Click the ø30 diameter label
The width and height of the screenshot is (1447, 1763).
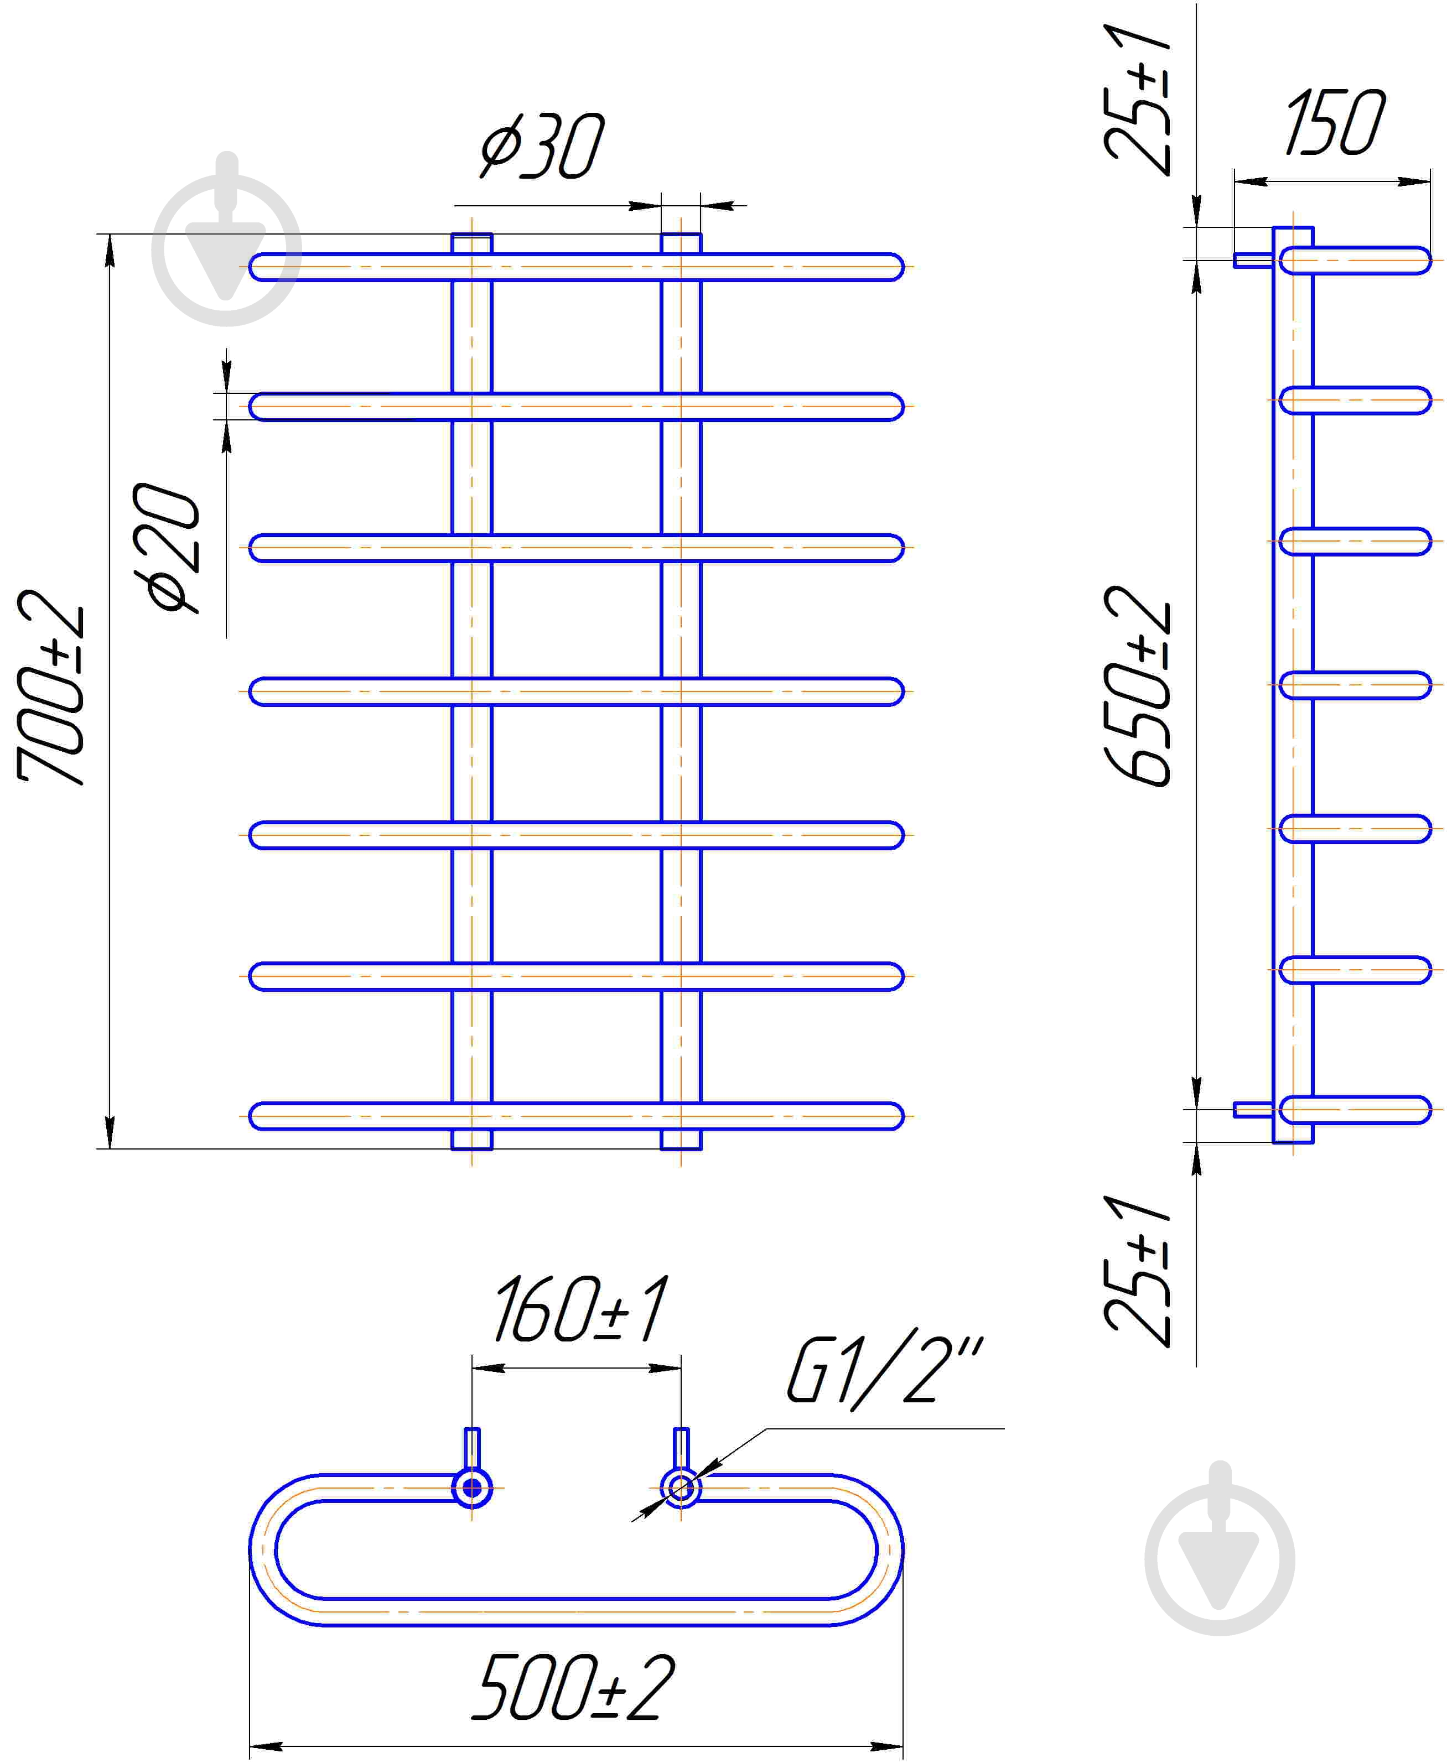tap(542, 147)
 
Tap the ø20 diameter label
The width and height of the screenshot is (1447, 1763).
tap(166, 548)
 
